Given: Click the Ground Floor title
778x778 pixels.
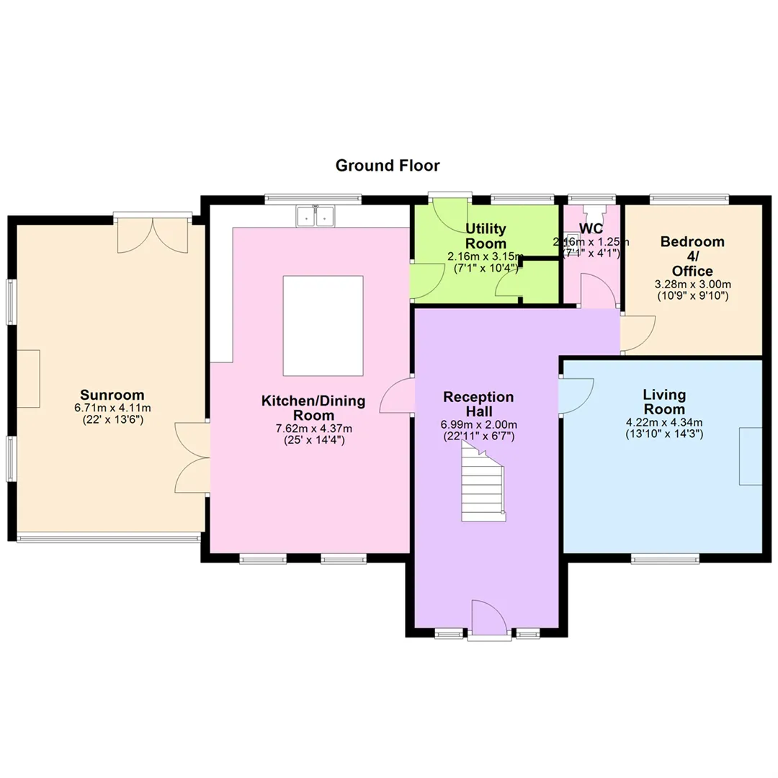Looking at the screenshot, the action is tap(388, 165).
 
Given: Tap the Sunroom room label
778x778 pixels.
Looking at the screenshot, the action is tap(112, 395).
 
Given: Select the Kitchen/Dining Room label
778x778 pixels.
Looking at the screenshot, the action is tap(313, 408).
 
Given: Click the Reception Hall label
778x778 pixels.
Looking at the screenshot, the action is tap(479, 404).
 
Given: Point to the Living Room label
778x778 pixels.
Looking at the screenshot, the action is tap(664, 402).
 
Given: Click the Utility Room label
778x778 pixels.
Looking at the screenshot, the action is tap(486, 236).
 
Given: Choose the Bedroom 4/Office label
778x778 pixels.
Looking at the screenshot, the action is tap(692, 256).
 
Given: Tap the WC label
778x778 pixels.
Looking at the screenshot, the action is tap(591, 229).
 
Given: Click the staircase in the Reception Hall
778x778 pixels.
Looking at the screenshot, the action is tap(483, 480).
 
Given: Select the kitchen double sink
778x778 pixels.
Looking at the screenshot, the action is tap(316, 216).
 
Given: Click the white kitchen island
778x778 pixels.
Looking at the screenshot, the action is tap(323, 326).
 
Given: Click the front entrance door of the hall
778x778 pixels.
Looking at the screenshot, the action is tap(489, 617).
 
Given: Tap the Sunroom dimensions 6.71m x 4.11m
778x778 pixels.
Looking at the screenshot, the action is tap(112, 408).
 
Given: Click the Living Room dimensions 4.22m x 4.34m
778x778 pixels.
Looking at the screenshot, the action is tap(664, 423).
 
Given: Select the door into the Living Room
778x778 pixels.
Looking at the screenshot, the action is tap(576, 395).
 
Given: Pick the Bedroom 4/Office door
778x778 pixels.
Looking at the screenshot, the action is tap(638, 333).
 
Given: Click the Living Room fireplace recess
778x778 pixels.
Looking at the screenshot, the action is tap(751, 456).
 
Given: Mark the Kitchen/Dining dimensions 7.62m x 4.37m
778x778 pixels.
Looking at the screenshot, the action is tap(313, 429).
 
